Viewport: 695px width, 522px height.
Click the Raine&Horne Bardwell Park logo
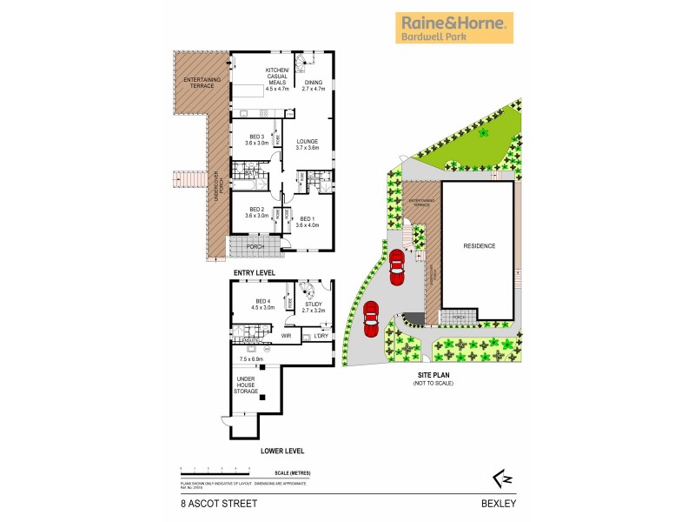pos(455,28)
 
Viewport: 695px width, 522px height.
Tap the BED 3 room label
pos(257,139)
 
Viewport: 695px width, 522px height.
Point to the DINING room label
pos(313,85)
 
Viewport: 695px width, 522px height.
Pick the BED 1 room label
pos(308,221)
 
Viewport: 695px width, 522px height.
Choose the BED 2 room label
pos(257,211)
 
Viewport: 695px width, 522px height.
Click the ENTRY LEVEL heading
pos(254,273)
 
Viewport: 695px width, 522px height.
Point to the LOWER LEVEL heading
pos(281,452)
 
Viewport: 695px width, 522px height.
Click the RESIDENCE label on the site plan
pos(478,246)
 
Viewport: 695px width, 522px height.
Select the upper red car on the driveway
pos(397,267)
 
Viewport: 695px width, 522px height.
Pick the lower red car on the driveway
pos(371,318)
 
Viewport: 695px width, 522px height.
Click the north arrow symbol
pos(496,478)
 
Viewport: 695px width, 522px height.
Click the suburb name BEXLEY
pos(502,503)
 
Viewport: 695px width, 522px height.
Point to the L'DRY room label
pos(320,335)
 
